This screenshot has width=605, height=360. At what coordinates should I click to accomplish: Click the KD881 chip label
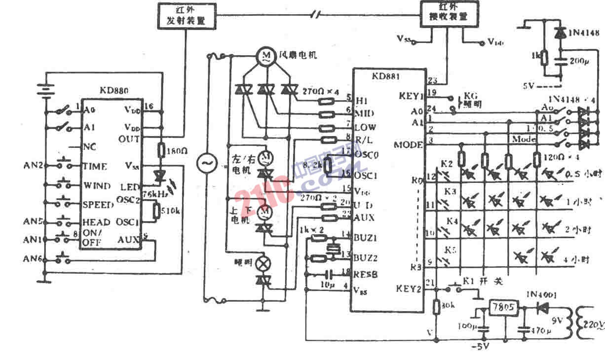click(386, 76)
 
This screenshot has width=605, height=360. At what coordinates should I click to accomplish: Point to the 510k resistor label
click(170, 212)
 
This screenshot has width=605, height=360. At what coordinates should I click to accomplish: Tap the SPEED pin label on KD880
click(98, 204)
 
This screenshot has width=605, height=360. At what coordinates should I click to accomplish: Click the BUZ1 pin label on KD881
click(365, 238)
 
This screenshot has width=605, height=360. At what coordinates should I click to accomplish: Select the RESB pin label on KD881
click(366, 274)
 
